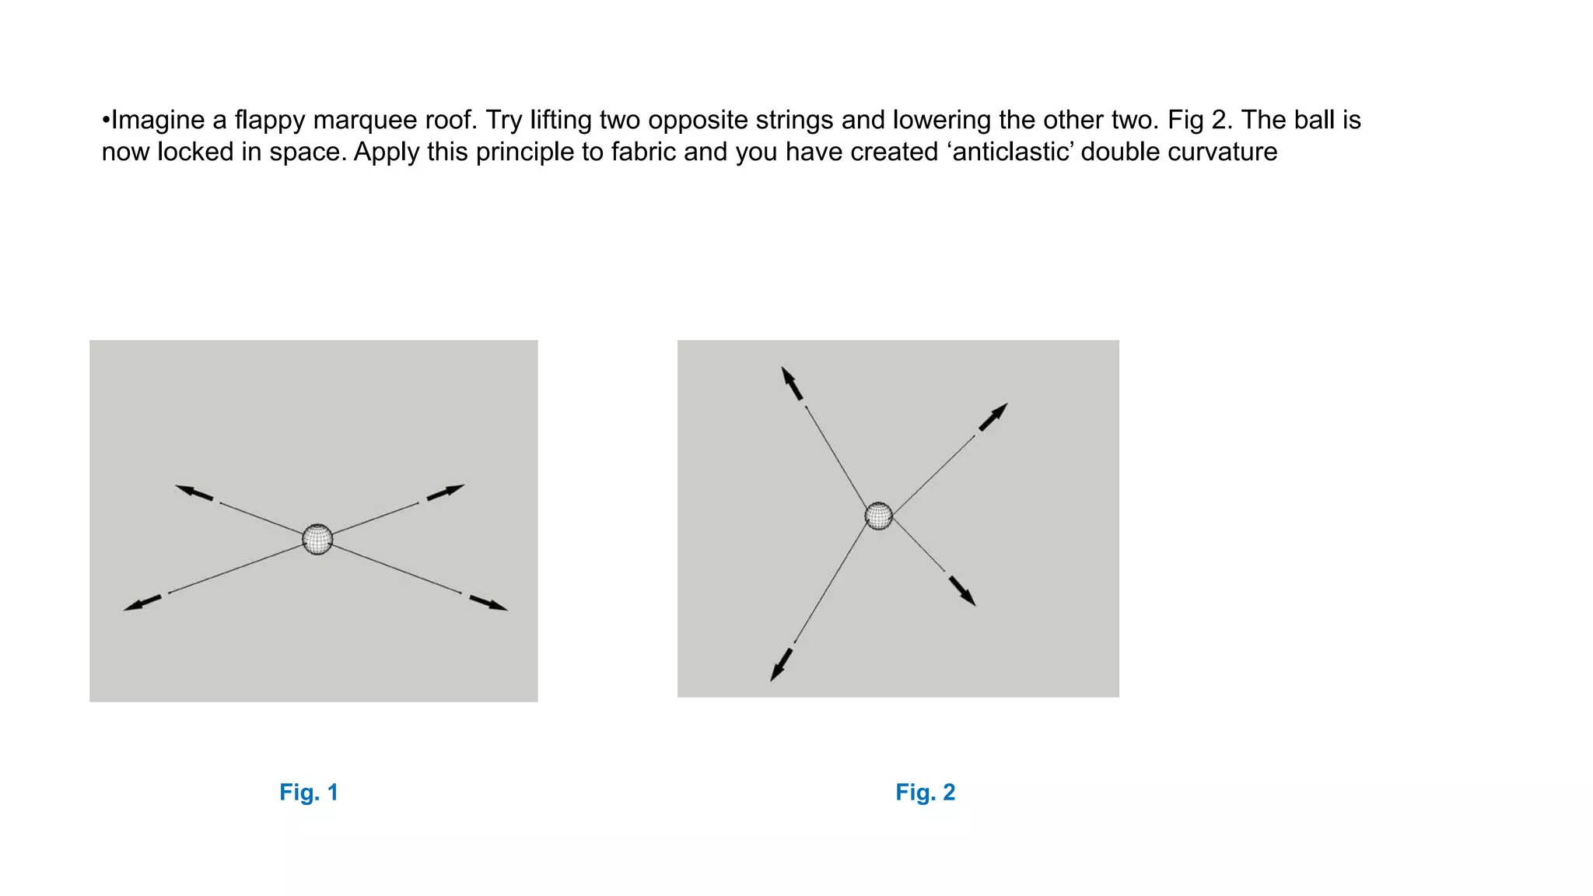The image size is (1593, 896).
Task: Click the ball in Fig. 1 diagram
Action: (x=317, y=539)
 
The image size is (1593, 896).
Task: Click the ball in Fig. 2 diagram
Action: (x=879, y=516)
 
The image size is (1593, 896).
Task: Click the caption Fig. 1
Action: (x=309, y=793)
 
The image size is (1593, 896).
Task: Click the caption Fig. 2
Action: (x=925, y=793)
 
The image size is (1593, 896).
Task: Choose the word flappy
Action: (x=269, y=121)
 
